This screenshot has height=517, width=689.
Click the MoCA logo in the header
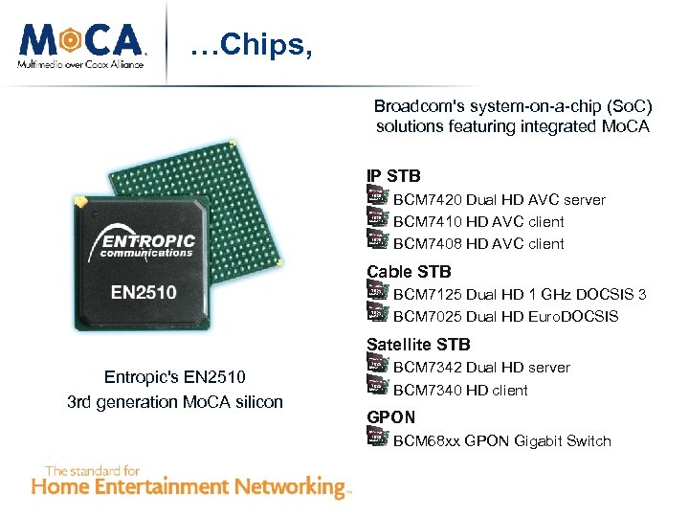click(82, 43)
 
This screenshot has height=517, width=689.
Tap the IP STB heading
click(393, 176)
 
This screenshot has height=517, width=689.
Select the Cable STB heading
click(409, 272)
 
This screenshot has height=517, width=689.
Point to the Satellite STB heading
click(418, 345)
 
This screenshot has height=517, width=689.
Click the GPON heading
click(391, 417)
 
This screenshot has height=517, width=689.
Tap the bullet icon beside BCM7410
click(377, 219)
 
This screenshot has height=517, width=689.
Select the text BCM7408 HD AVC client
click(478, 243)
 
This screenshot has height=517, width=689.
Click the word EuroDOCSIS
click(573, 316)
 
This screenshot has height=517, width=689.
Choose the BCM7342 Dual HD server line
click(481, 368)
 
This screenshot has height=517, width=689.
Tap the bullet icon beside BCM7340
click(377, 388)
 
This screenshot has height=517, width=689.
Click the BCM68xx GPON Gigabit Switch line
click(501, 441)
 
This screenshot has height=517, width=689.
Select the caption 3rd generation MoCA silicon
click(175, 402)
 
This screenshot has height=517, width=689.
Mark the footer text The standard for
click(93, 470)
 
